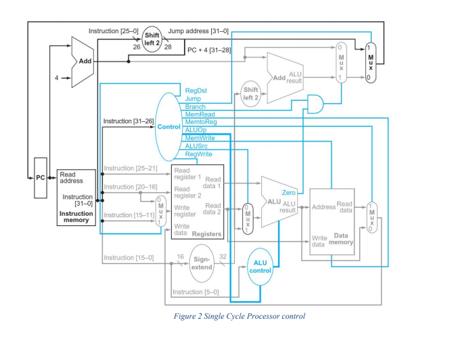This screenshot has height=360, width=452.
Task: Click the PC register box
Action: pos(40,177)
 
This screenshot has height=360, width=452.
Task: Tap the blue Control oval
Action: pos(168,127)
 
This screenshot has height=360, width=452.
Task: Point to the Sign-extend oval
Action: pos(202,263)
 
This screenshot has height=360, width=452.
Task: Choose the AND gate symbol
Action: pos(315,103)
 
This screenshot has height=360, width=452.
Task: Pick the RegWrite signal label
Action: pos(198,154)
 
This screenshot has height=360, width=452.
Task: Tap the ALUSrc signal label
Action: pos(196,145)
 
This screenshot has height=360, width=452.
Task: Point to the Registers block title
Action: pos(206,233)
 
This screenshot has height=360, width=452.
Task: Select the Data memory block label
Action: pos(341,240)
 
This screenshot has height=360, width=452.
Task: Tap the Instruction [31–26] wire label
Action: pos(128,121)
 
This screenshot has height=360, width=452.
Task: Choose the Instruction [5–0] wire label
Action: pos(196,292)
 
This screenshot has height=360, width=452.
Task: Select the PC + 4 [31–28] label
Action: pos(210,49)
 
